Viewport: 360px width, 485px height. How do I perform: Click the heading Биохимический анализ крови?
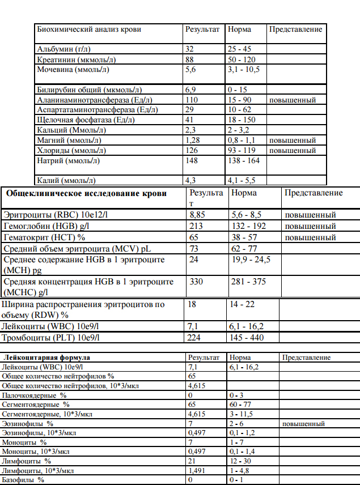[x=89, y=29]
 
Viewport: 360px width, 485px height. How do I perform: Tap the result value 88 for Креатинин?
[x=190, y=59]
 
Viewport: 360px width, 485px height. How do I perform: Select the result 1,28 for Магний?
[x=193, y=141]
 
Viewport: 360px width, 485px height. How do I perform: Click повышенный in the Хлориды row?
[x=292, y=151]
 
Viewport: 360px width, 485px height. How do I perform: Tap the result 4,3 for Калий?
[x=190, y=181]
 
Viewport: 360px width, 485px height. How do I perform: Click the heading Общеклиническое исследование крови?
[x=86, y=193]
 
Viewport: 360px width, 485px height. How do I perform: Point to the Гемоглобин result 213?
[x=195, y=226]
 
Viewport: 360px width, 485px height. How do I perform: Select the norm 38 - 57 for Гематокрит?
[x=245, y=237]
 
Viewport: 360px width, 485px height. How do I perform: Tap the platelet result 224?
[x=194, y=338]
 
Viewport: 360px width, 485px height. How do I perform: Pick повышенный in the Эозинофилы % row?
[x=304, y=423]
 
